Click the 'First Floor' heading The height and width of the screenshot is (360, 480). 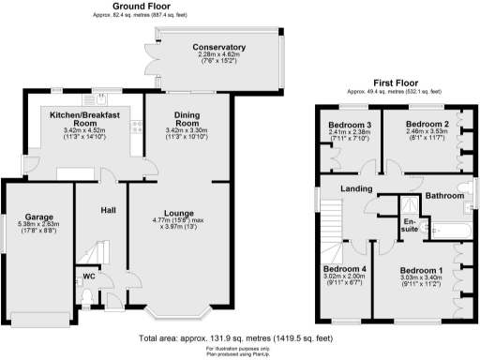pos(382,82)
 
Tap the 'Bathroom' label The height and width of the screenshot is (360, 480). pos(443,196)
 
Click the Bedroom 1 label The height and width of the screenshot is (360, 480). pos(420,269)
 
